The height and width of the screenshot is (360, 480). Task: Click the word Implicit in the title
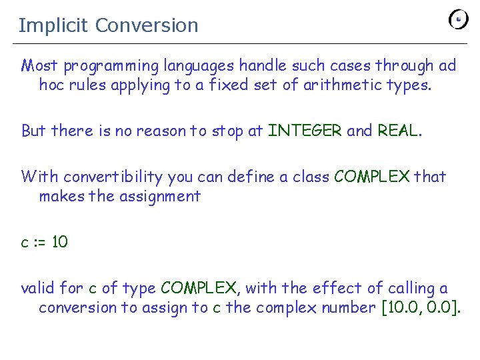coord(53,25)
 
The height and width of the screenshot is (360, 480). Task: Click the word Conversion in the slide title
coord(147,25)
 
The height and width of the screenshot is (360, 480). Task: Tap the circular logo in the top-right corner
coord(458,19)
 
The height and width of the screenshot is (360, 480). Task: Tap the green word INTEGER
coord(305,131)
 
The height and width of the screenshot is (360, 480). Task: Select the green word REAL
coord(398,131)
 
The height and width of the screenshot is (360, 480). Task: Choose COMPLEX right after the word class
coord(372,177)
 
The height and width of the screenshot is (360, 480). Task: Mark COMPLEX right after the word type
coord(199,288)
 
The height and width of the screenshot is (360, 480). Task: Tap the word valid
coord(37,288)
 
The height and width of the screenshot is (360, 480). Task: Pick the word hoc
coord(51,85)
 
